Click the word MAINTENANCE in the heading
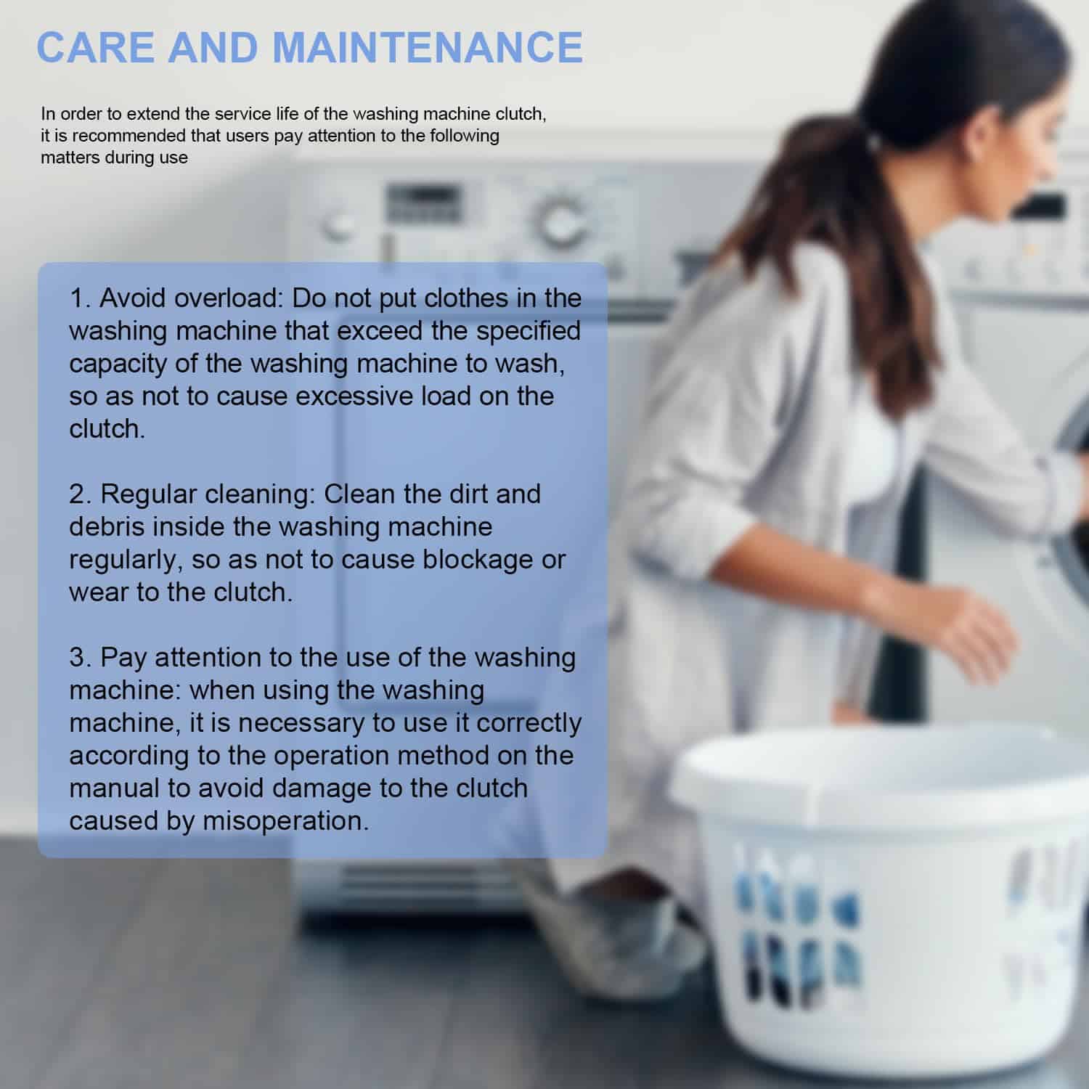428,46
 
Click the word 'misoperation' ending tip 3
285,822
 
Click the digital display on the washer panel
424,203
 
